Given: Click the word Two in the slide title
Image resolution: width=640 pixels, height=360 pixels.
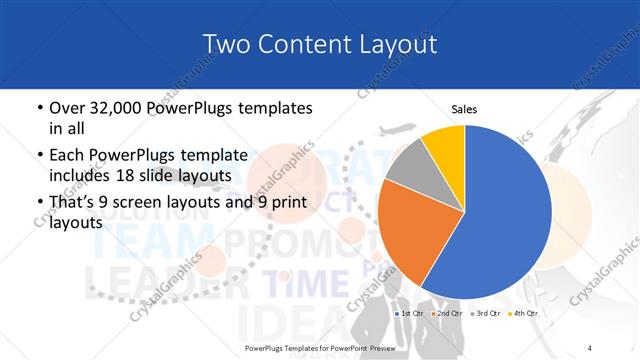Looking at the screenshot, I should [224, 43].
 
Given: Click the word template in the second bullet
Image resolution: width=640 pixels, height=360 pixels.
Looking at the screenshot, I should [215, 156].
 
